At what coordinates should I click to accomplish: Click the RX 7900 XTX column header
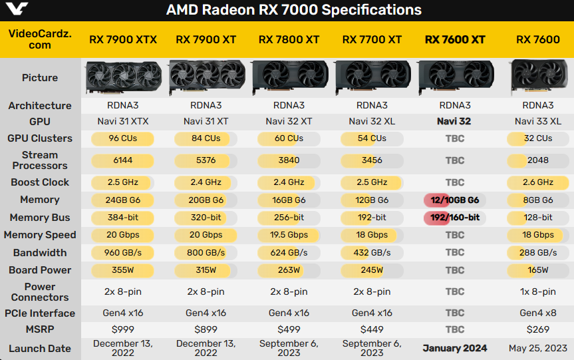coord(123,39)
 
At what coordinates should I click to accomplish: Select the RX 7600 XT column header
coord(455,39)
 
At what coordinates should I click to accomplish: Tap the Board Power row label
coord(40,270)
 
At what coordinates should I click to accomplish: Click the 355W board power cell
coord(123,270)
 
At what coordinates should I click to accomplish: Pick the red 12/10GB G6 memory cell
coord(455,200)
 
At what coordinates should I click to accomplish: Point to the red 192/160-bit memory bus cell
coord(455,218)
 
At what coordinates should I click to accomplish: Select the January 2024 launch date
coord(455,348)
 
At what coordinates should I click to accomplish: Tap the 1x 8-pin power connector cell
coord(537,291)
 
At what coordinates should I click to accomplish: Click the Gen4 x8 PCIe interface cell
coord(537,313)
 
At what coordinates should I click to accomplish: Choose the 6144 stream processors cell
coord(123,160)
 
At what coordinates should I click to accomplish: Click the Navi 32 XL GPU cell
coord(372,122)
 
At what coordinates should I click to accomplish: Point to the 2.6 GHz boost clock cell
coord(537,182)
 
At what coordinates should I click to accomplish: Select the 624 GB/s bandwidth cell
coord(289,253)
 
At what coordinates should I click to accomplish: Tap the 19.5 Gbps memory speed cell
coord(289,235)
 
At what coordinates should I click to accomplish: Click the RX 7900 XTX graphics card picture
coord(123,78)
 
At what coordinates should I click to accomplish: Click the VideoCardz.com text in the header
coord(40,39)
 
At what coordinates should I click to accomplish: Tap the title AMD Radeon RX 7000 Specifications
coord(293,10)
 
